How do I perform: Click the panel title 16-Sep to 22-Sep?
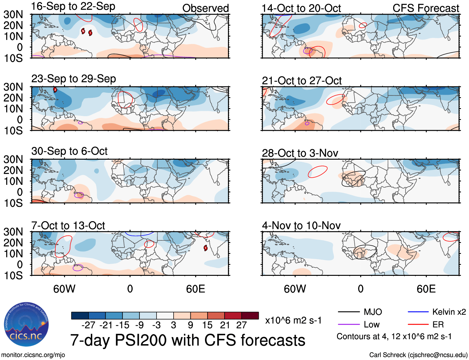click(x=73, y=7)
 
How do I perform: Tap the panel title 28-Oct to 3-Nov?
click(x=300, y=153)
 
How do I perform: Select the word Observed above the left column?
click(x=205, y=8)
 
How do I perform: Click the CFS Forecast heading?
click(x=426, y=8)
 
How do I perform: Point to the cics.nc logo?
click(x=26, y=325)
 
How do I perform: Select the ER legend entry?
click(x=438, y=325)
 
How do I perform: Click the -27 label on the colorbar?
click(x=88, y=325)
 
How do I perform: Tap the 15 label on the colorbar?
click(x=207, y=325)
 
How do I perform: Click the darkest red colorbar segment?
click(x=250, y=316)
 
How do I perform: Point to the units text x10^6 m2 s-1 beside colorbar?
click(x=293, y=321)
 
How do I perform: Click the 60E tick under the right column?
click(x=426, y=289)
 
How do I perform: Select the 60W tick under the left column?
click(x=64, y=289)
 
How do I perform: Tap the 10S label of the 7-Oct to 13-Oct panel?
click(x=13, y=276)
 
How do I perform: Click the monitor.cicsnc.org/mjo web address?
click(x=33, y=355)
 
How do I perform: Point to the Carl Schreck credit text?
click(x=418, y=355)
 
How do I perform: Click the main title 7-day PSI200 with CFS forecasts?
click(x=188, y=340)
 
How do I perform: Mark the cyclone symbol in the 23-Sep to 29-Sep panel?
click(x=55, y=90)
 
